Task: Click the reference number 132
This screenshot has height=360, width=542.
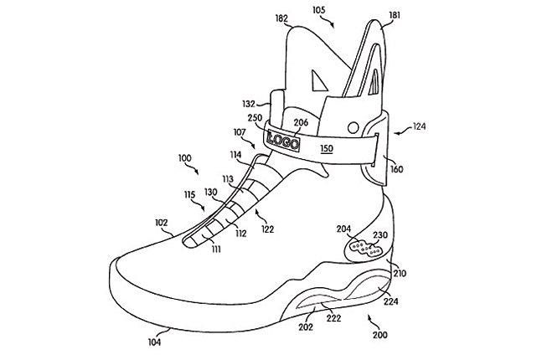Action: tap(249, 104)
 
